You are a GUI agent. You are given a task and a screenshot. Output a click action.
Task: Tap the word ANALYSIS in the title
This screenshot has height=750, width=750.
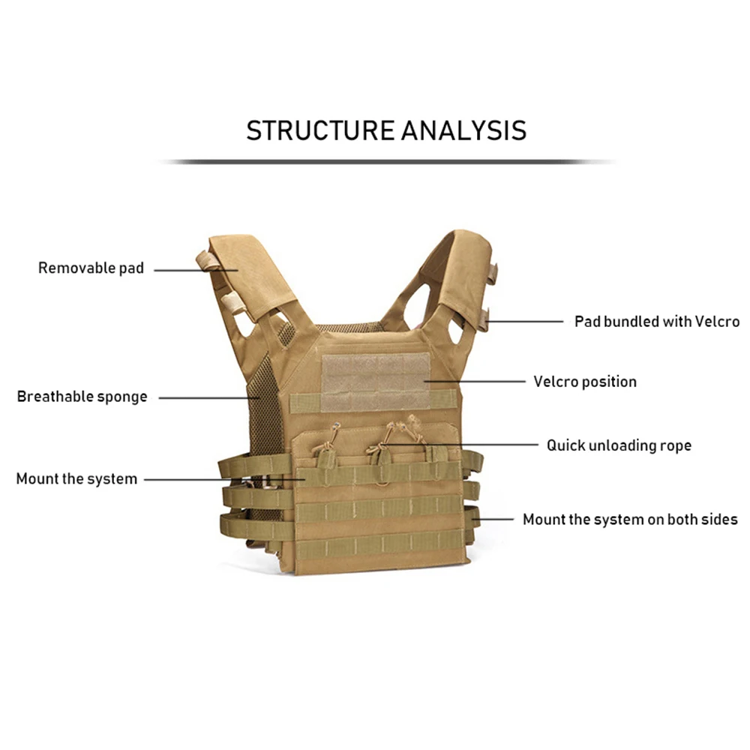pyautogui.click(x=463, y=130)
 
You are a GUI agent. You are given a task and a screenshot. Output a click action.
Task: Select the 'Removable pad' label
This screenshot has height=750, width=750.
pyautogui.click(x=91, y=268)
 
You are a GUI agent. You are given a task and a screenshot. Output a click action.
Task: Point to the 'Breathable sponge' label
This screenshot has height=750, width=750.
pyautogui.click(x=82, y=397)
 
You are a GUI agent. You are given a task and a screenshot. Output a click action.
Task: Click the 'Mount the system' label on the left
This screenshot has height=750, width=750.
pyautogui.click(x=76, y=478)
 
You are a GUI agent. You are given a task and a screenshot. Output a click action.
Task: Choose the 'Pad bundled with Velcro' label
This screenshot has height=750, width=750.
pyautogui.click(x=657, y=322)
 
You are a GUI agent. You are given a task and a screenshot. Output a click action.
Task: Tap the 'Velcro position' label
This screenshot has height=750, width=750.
pyautogui.click(x=585, y=382)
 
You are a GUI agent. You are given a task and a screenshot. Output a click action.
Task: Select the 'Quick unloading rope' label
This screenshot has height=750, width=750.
pyautogui.click(x=619, y=445)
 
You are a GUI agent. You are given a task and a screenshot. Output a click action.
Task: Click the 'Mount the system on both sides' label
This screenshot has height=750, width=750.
pyautogui.click(x=630, y=519)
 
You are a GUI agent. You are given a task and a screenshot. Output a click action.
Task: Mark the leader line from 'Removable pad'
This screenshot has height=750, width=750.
pyautogui.click(x=187, y=269)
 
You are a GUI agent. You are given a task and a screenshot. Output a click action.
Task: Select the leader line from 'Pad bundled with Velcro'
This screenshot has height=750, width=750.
pyautogui.click(x=525, y=322)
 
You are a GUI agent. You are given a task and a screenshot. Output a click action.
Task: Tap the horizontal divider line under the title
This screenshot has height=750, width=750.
pyautogui.click(x=386, y=161)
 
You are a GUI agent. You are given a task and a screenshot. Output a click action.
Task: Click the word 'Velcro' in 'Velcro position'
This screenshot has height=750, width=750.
pyautogui.click(x=556, y=382)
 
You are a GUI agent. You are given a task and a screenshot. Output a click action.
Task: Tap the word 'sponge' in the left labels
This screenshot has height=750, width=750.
pyautogui.click(x=121, y=397)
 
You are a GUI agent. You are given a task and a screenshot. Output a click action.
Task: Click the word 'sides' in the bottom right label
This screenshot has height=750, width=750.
pyautogui.click(x=721, y=519)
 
